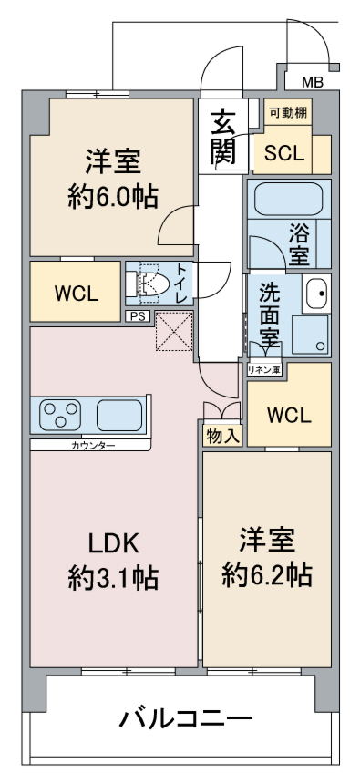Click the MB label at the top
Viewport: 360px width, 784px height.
(313, 82)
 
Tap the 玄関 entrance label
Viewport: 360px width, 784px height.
(222, 137)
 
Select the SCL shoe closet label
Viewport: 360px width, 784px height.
(284, 154)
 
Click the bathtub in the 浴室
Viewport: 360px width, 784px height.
(289, 199)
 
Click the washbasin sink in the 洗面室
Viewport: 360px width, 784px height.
(316, 294)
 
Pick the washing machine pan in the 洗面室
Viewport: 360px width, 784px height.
(311, 335)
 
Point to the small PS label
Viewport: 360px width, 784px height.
(137, 315)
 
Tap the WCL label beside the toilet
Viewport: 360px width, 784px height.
(76, 294)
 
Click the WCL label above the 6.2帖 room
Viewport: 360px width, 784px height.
(289, 414)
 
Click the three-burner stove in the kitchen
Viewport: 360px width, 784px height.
(61, 414)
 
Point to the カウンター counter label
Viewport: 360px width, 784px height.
(93, 445)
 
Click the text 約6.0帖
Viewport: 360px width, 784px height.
(114, 197)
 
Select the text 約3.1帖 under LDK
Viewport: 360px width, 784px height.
(114, 577)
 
